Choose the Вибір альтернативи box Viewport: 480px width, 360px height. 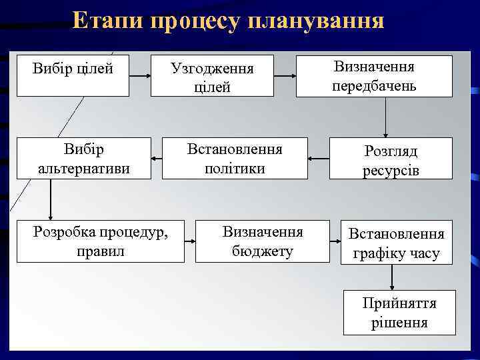coord(83,158)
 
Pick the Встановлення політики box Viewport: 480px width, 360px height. coord(235,158)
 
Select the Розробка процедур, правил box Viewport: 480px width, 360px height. coord(101,241)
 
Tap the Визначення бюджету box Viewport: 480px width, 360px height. coord(262,241)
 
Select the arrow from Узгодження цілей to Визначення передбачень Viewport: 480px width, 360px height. coord(285,77)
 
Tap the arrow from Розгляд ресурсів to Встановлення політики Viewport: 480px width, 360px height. coord(319,159)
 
